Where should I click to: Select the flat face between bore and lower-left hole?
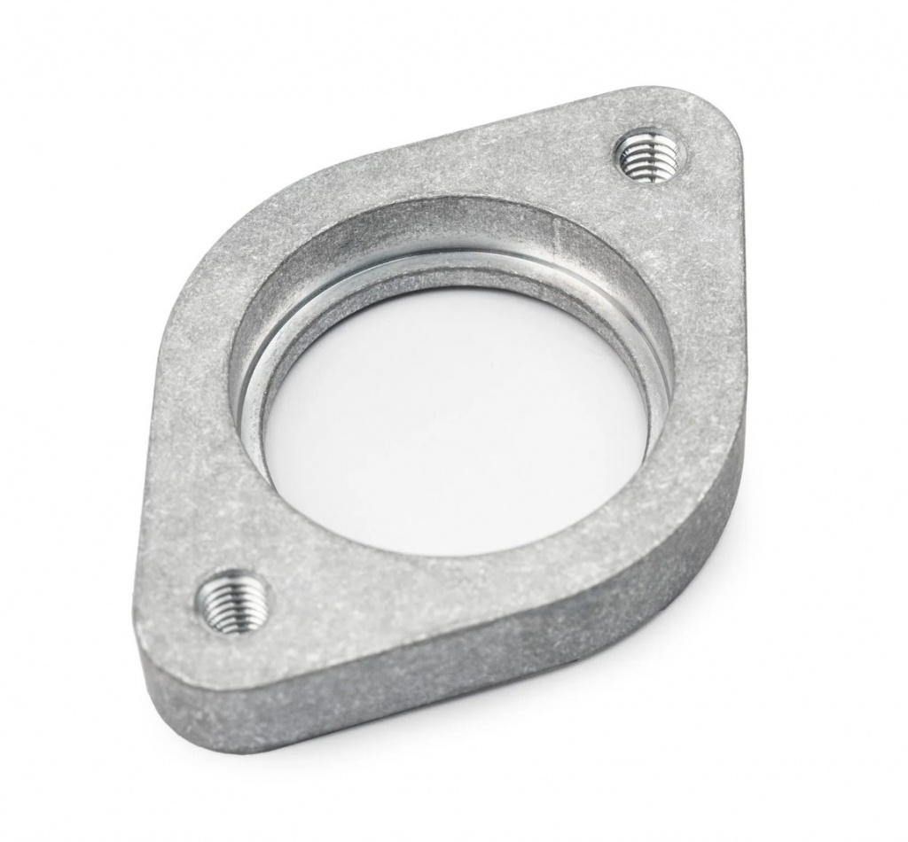(257, 532)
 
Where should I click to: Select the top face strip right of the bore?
(701, 355)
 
